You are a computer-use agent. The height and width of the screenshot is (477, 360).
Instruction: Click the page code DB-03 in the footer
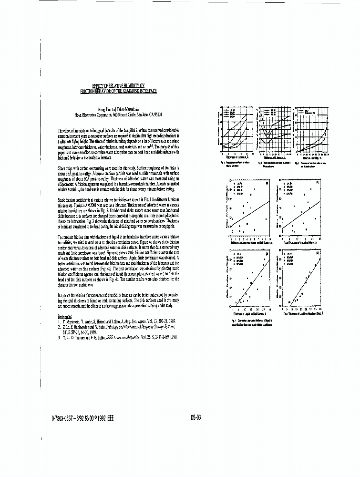tap(195, 417)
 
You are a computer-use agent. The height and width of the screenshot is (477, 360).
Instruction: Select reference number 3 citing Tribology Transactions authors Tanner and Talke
tap(117, 337)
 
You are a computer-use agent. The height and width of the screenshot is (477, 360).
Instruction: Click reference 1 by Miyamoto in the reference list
tap(113, 322)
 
